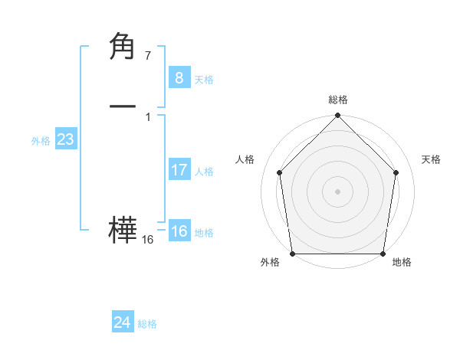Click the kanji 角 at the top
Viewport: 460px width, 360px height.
pyautogui.click(x=123, y=48)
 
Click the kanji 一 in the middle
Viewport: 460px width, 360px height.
pyautogui.click(x=123, y=108)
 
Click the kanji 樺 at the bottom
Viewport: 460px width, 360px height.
pyautogui.click(x=123, y=231)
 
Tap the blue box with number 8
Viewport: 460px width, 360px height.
pyautogui.click(x=179, y=78)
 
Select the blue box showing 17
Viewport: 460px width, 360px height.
pyautogui.click(x=179, y=170)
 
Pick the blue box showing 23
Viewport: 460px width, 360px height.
pyautogui.click(x=65, y=139)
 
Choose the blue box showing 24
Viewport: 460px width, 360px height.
pyautogui.click(x=122, y=322)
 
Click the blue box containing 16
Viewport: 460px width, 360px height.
pyautogui.click(x=179, y=231)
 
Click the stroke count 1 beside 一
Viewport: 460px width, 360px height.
pyautogui.click(x=147, y=116)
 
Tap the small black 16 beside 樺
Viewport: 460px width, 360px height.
pyautogui.click(x=147, y=240)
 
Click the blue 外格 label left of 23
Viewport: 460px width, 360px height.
pyautogui.click(x=41, y=141)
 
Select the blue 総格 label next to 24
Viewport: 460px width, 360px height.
pyautogui.click(x=147, y=324)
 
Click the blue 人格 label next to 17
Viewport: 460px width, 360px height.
pyautogui.click(x=204, y=172)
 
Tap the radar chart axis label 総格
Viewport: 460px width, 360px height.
pyautogui.click(x=337, y=100)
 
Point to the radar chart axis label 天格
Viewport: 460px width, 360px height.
pyautogui.click(x=431, y=159)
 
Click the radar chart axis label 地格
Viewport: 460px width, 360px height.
pyautogui.click(x=402, y=263)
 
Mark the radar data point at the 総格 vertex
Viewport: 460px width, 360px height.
pyautogui.click(x=337, y=116)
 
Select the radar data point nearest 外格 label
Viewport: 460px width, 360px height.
pyautogui.click(x=292, y=254)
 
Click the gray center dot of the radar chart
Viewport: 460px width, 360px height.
pyautogui.click(x=337, y=191)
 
